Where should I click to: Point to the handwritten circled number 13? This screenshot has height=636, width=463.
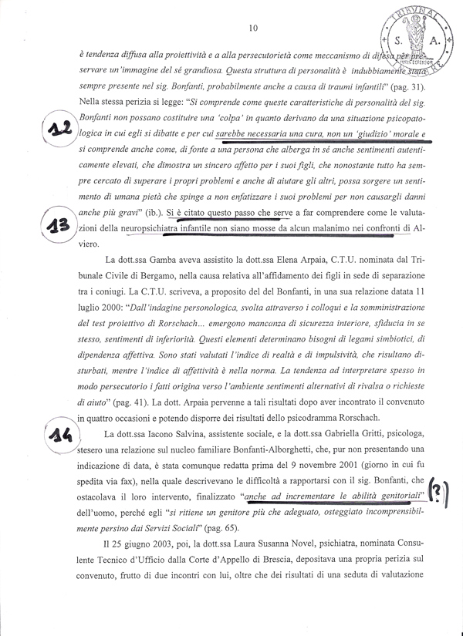(56, 226)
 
